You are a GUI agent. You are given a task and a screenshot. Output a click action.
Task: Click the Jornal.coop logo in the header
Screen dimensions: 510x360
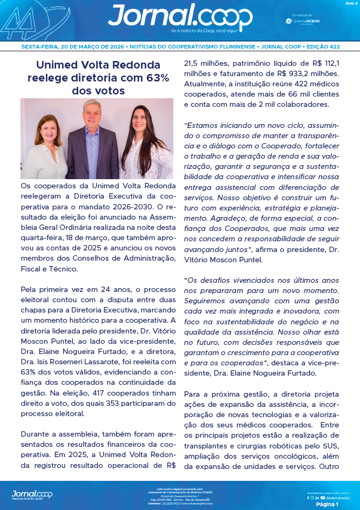coord(180,16)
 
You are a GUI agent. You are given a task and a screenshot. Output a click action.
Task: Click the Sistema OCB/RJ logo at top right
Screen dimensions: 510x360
coord(302,21)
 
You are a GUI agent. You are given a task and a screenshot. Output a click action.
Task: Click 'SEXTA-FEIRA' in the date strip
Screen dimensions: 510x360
coord(39,47)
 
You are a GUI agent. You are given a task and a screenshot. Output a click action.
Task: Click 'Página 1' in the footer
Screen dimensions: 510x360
coord(327,504)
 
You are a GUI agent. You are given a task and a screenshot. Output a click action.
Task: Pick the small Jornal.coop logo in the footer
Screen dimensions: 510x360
coord(32,494)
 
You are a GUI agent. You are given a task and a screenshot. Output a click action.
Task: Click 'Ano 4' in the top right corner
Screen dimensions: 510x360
coord(351,3)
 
